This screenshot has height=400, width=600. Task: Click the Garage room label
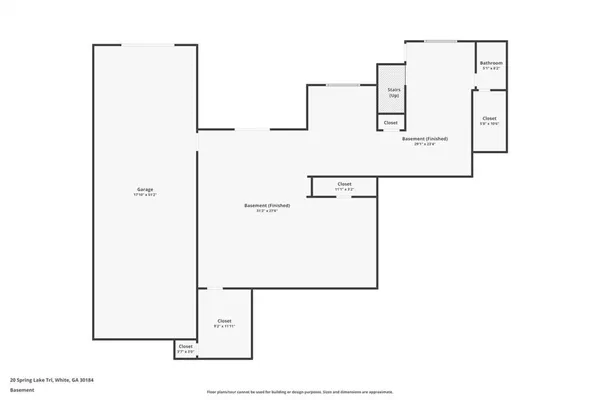click(144, 190)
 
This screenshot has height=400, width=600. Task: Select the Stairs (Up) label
click(393, 91)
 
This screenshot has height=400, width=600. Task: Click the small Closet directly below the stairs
click(391, 123)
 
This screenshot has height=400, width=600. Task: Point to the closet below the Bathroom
click(489, 122)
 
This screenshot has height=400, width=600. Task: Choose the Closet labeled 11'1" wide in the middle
click(344, 185)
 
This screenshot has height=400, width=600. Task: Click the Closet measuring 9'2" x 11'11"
click(224, 322)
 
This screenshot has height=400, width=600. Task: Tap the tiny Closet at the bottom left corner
click(185, 349)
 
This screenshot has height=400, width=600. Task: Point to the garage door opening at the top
click(144, 45)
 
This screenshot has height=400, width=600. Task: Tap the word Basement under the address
click(22, 389)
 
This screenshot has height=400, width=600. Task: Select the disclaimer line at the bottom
click(300, 392)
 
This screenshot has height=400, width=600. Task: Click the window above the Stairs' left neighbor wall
click(343, 85)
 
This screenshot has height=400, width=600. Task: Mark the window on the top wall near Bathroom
click(440, 41)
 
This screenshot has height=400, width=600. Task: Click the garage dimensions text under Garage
click(144, 195)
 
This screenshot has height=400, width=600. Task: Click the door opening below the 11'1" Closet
click(343, 196)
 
